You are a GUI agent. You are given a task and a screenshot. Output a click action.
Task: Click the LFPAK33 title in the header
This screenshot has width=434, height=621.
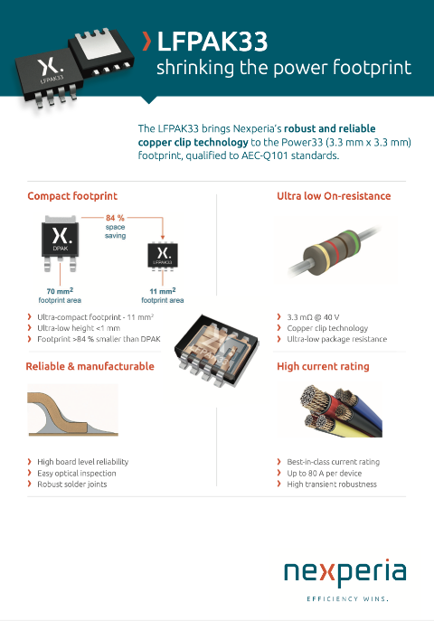[212, 42]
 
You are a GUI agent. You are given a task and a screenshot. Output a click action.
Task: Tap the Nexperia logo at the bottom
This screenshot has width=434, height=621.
[344, 572]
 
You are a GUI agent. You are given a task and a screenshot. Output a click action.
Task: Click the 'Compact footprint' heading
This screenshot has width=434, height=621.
[72, 196]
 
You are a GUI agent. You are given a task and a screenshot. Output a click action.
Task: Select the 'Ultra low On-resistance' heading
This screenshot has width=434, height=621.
[333, 196]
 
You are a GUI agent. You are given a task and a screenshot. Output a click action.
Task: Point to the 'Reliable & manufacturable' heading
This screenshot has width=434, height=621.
[90, 366]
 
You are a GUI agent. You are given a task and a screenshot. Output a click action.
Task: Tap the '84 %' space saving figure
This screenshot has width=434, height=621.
[115, 218]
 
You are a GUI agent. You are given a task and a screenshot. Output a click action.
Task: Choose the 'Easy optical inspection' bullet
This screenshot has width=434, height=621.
[77, 473]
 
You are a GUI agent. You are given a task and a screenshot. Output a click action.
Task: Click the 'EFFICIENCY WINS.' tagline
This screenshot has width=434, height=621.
[346, 599]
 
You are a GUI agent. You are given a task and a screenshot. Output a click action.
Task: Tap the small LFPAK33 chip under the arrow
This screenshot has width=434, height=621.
[164, 258]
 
